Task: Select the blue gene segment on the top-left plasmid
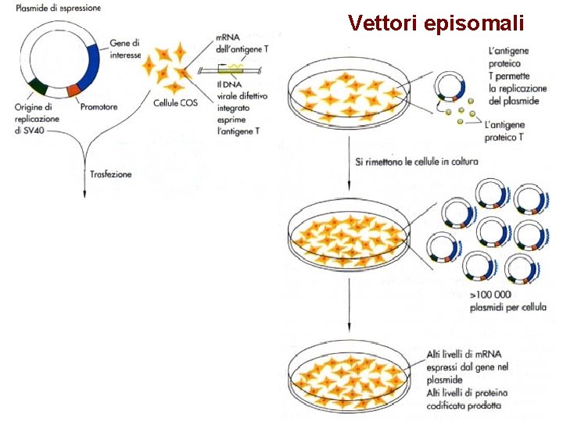(91, 63)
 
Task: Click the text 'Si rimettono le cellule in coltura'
(416, 162)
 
